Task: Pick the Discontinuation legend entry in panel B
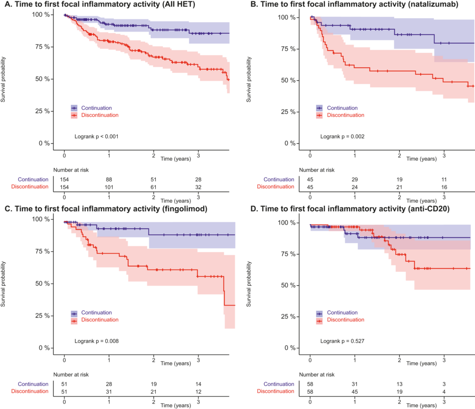click(x=345, y=115)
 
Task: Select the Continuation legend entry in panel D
click(x=341, y=313)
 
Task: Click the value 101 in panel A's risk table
click(x=109, y=186)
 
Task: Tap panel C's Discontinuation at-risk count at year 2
click(x=154, y=391)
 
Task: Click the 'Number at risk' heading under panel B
click(x=317, y=170)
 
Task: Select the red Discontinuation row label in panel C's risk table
click(x=33, y=391)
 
